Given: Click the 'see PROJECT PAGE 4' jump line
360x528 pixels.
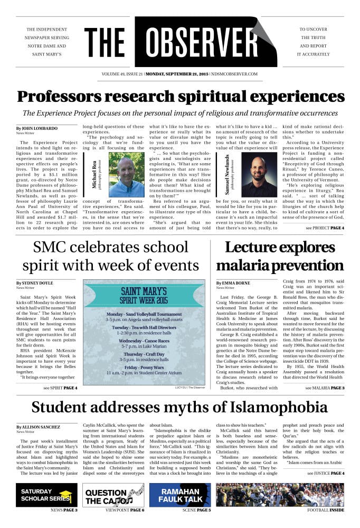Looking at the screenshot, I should coord(325,228).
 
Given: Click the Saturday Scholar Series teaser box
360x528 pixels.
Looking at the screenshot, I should coord(46,495).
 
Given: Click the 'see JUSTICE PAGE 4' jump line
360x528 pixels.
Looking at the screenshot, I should coord(326,473).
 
